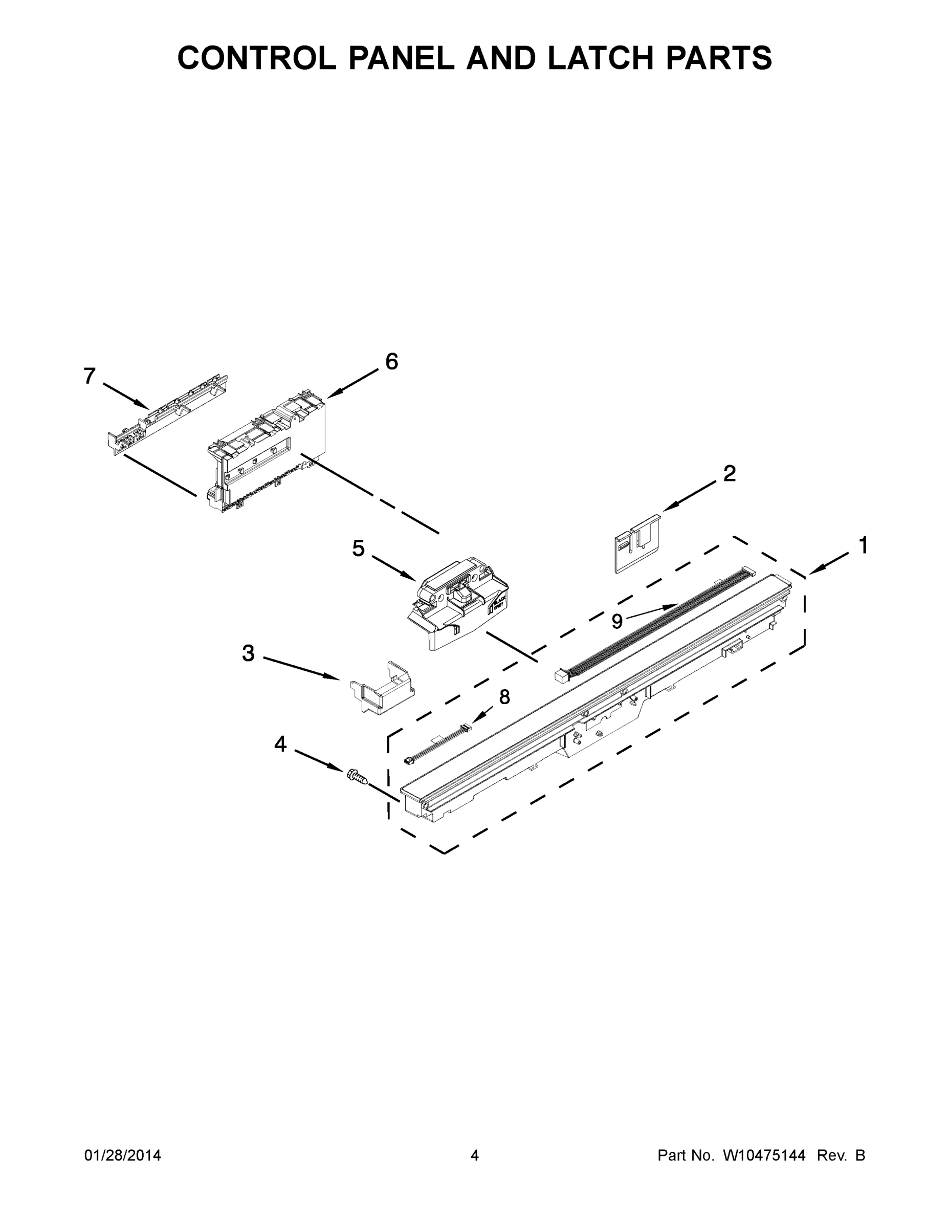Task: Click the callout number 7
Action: point(90,376)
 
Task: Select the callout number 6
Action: point(392,362)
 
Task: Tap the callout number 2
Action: point(729,473)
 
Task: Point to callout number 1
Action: point(863,545)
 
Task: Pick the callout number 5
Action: point(358,548)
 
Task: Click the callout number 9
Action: point(617,621)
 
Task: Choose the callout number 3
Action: point(248,653)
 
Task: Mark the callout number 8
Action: point(504,697)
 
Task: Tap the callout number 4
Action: point(280,744)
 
